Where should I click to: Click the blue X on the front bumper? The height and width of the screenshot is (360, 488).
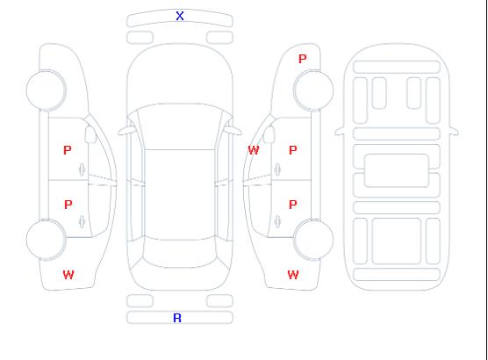(x=180, y=16)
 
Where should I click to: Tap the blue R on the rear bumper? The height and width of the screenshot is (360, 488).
(x=177, y=318)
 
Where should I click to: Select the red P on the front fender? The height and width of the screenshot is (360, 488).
(x=302, y=59)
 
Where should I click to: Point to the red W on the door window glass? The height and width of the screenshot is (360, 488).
(x=254, y=150)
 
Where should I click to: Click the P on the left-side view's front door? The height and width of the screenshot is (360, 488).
(x=68, y=150)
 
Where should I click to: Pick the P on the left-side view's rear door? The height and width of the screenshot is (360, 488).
(x=68, y=205)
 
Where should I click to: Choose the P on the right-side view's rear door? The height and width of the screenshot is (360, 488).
(x=292, y=205)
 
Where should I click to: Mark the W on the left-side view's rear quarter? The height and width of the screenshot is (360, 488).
(x=68, y=275)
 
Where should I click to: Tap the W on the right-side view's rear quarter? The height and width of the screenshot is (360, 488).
(x=293, y=275)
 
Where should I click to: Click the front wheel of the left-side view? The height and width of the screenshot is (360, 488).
(x=46, y=90)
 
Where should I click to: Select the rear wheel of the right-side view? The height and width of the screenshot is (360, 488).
(x=313, y=240)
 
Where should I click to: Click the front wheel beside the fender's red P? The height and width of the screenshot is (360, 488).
(x=313, y=90)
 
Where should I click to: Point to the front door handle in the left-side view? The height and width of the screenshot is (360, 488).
(x=82, y=169)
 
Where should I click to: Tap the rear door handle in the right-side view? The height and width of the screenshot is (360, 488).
(x=277, y=221)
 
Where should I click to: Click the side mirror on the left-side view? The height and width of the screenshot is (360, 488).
(x=90, y=134)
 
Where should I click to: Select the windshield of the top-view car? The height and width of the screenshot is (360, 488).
(x=180, y=126)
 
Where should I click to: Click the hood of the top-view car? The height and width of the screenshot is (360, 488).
(x=180, y=75)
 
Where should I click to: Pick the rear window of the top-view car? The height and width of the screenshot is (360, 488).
(x=180, y=253)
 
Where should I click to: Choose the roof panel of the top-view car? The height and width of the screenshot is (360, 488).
(x=180, y=195)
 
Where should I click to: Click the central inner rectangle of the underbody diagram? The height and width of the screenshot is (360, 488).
(x=397, y=170)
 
